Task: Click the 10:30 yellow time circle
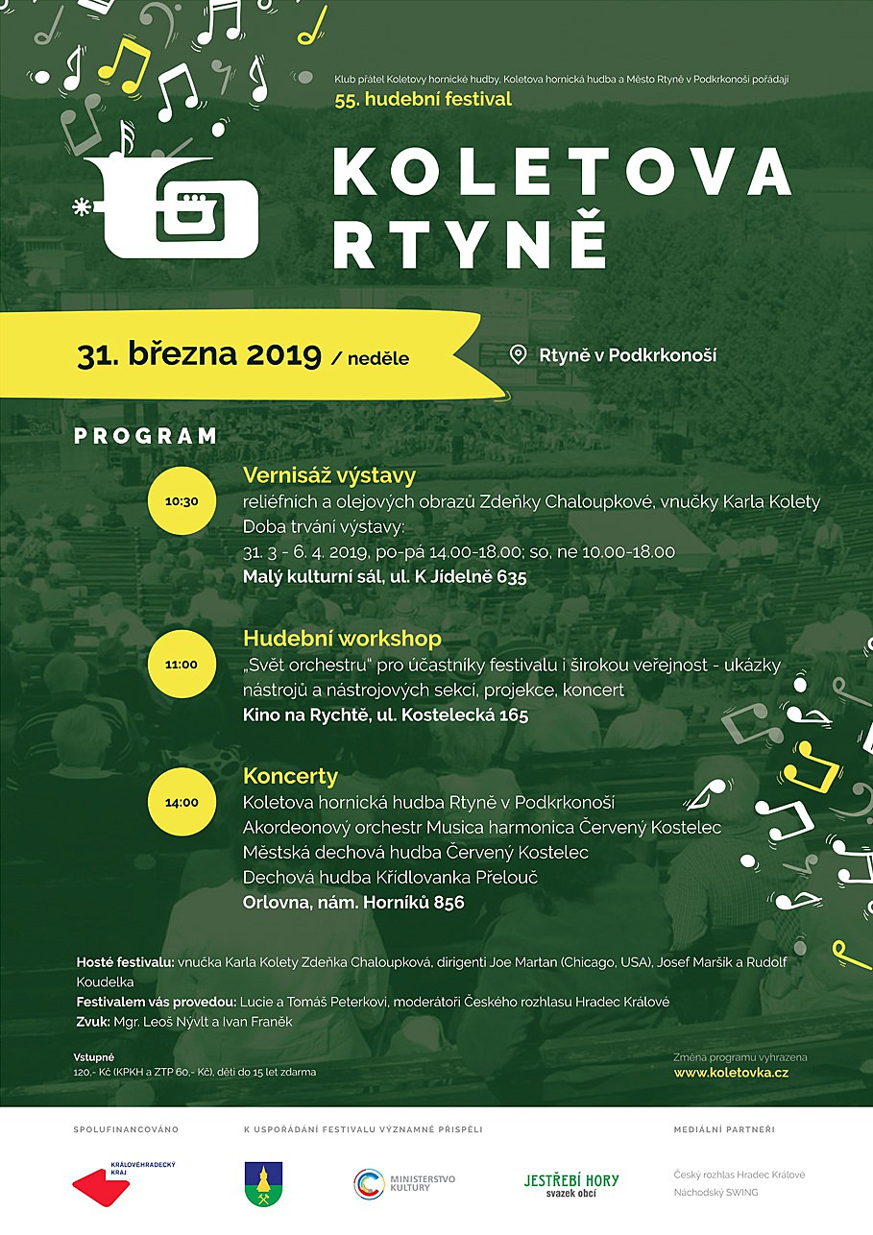182,501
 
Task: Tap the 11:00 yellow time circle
182,665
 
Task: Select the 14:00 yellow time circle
182,803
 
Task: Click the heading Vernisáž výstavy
328,475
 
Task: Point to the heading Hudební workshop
342,639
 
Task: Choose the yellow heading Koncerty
290,776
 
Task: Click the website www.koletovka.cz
731,1072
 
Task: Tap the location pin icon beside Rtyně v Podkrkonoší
518,355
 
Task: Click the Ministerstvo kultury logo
404,1183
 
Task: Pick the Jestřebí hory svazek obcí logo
570,1185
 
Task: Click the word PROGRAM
146,436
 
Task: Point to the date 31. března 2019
199,355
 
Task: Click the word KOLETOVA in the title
562,173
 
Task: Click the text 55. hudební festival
424,99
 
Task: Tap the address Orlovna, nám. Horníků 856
353,903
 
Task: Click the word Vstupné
94,1057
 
